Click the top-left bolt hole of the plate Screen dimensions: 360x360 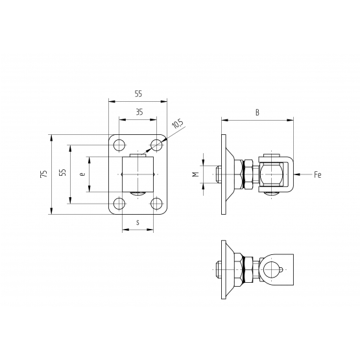click(119, 145)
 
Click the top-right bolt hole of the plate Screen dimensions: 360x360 click(156, 145)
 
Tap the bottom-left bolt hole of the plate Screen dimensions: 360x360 click(119, 204)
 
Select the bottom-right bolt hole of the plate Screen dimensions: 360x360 click(156, 204)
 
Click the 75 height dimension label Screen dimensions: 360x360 click(43, 174)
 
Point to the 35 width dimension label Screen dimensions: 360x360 click(139, 112)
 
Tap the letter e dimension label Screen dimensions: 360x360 click(82, 174)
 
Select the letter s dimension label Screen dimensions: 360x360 click(138, 222)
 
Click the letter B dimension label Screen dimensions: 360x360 click(258, 112)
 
